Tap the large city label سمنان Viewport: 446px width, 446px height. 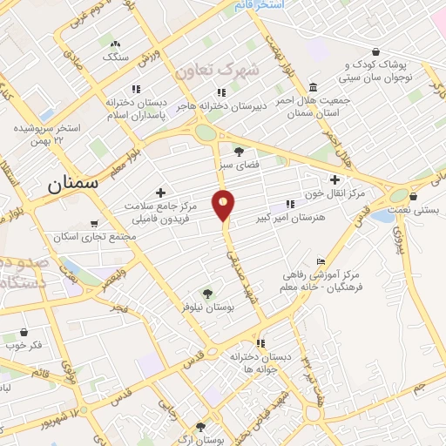(x=69, y=183)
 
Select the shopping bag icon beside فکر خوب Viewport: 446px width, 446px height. (x=24, y=332)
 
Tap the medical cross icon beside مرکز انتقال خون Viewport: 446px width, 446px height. (x=334, y=179)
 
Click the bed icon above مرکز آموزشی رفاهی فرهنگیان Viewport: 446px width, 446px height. (x=321, y=261)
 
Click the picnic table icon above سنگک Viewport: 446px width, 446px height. (x=115, y=44)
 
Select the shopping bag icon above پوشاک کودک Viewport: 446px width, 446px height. (x=375, y=51)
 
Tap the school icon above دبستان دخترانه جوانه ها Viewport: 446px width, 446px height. (x=260, y=343)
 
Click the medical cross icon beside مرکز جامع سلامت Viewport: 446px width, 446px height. (x=159, y=192)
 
